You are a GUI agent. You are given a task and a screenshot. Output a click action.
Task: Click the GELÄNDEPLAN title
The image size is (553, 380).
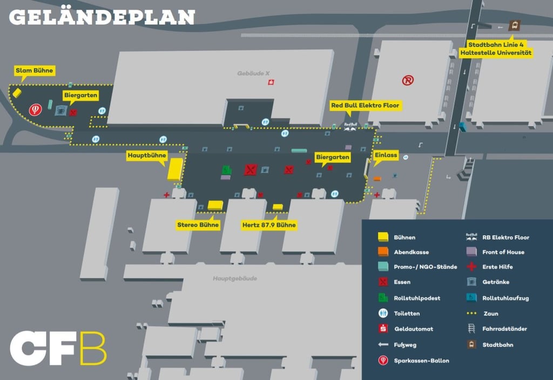click(102, 17)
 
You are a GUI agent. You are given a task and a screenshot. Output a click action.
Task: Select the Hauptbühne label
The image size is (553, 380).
click(146, 156)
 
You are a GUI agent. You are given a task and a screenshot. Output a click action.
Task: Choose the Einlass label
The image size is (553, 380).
click(386, 155)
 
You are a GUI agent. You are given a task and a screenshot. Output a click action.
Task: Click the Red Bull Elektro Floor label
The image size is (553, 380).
click(366, 105)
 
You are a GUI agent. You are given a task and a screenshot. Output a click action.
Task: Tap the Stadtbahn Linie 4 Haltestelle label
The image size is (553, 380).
click(496, 49)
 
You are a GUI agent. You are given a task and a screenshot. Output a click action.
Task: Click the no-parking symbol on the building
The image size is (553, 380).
click(408, 80)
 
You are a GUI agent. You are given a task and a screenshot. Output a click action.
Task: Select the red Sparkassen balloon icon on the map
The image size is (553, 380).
click(35, 110)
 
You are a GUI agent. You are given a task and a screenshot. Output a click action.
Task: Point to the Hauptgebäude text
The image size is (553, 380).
click(235, 279)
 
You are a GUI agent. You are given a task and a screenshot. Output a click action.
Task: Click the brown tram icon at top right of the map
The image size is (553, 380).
click(515, 25)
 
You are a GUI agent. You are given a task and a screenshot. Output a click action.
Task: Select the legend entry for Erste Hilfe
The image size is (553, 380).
click(497, 267)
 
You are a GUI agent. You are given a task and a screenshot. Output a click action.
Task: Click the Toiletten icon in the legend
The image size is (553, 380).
click(383, 313)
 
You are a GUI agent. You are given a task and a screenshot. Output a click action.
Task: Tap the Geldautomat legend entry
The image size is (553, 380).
click(413, 329)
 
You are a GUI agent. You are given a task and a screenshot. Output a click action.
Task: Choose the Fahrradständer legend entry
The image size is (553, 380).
click(504, 329)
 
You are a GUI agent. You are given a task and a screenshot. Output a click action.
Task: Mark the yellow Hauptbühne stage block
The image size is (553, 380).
click(174, 169)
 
